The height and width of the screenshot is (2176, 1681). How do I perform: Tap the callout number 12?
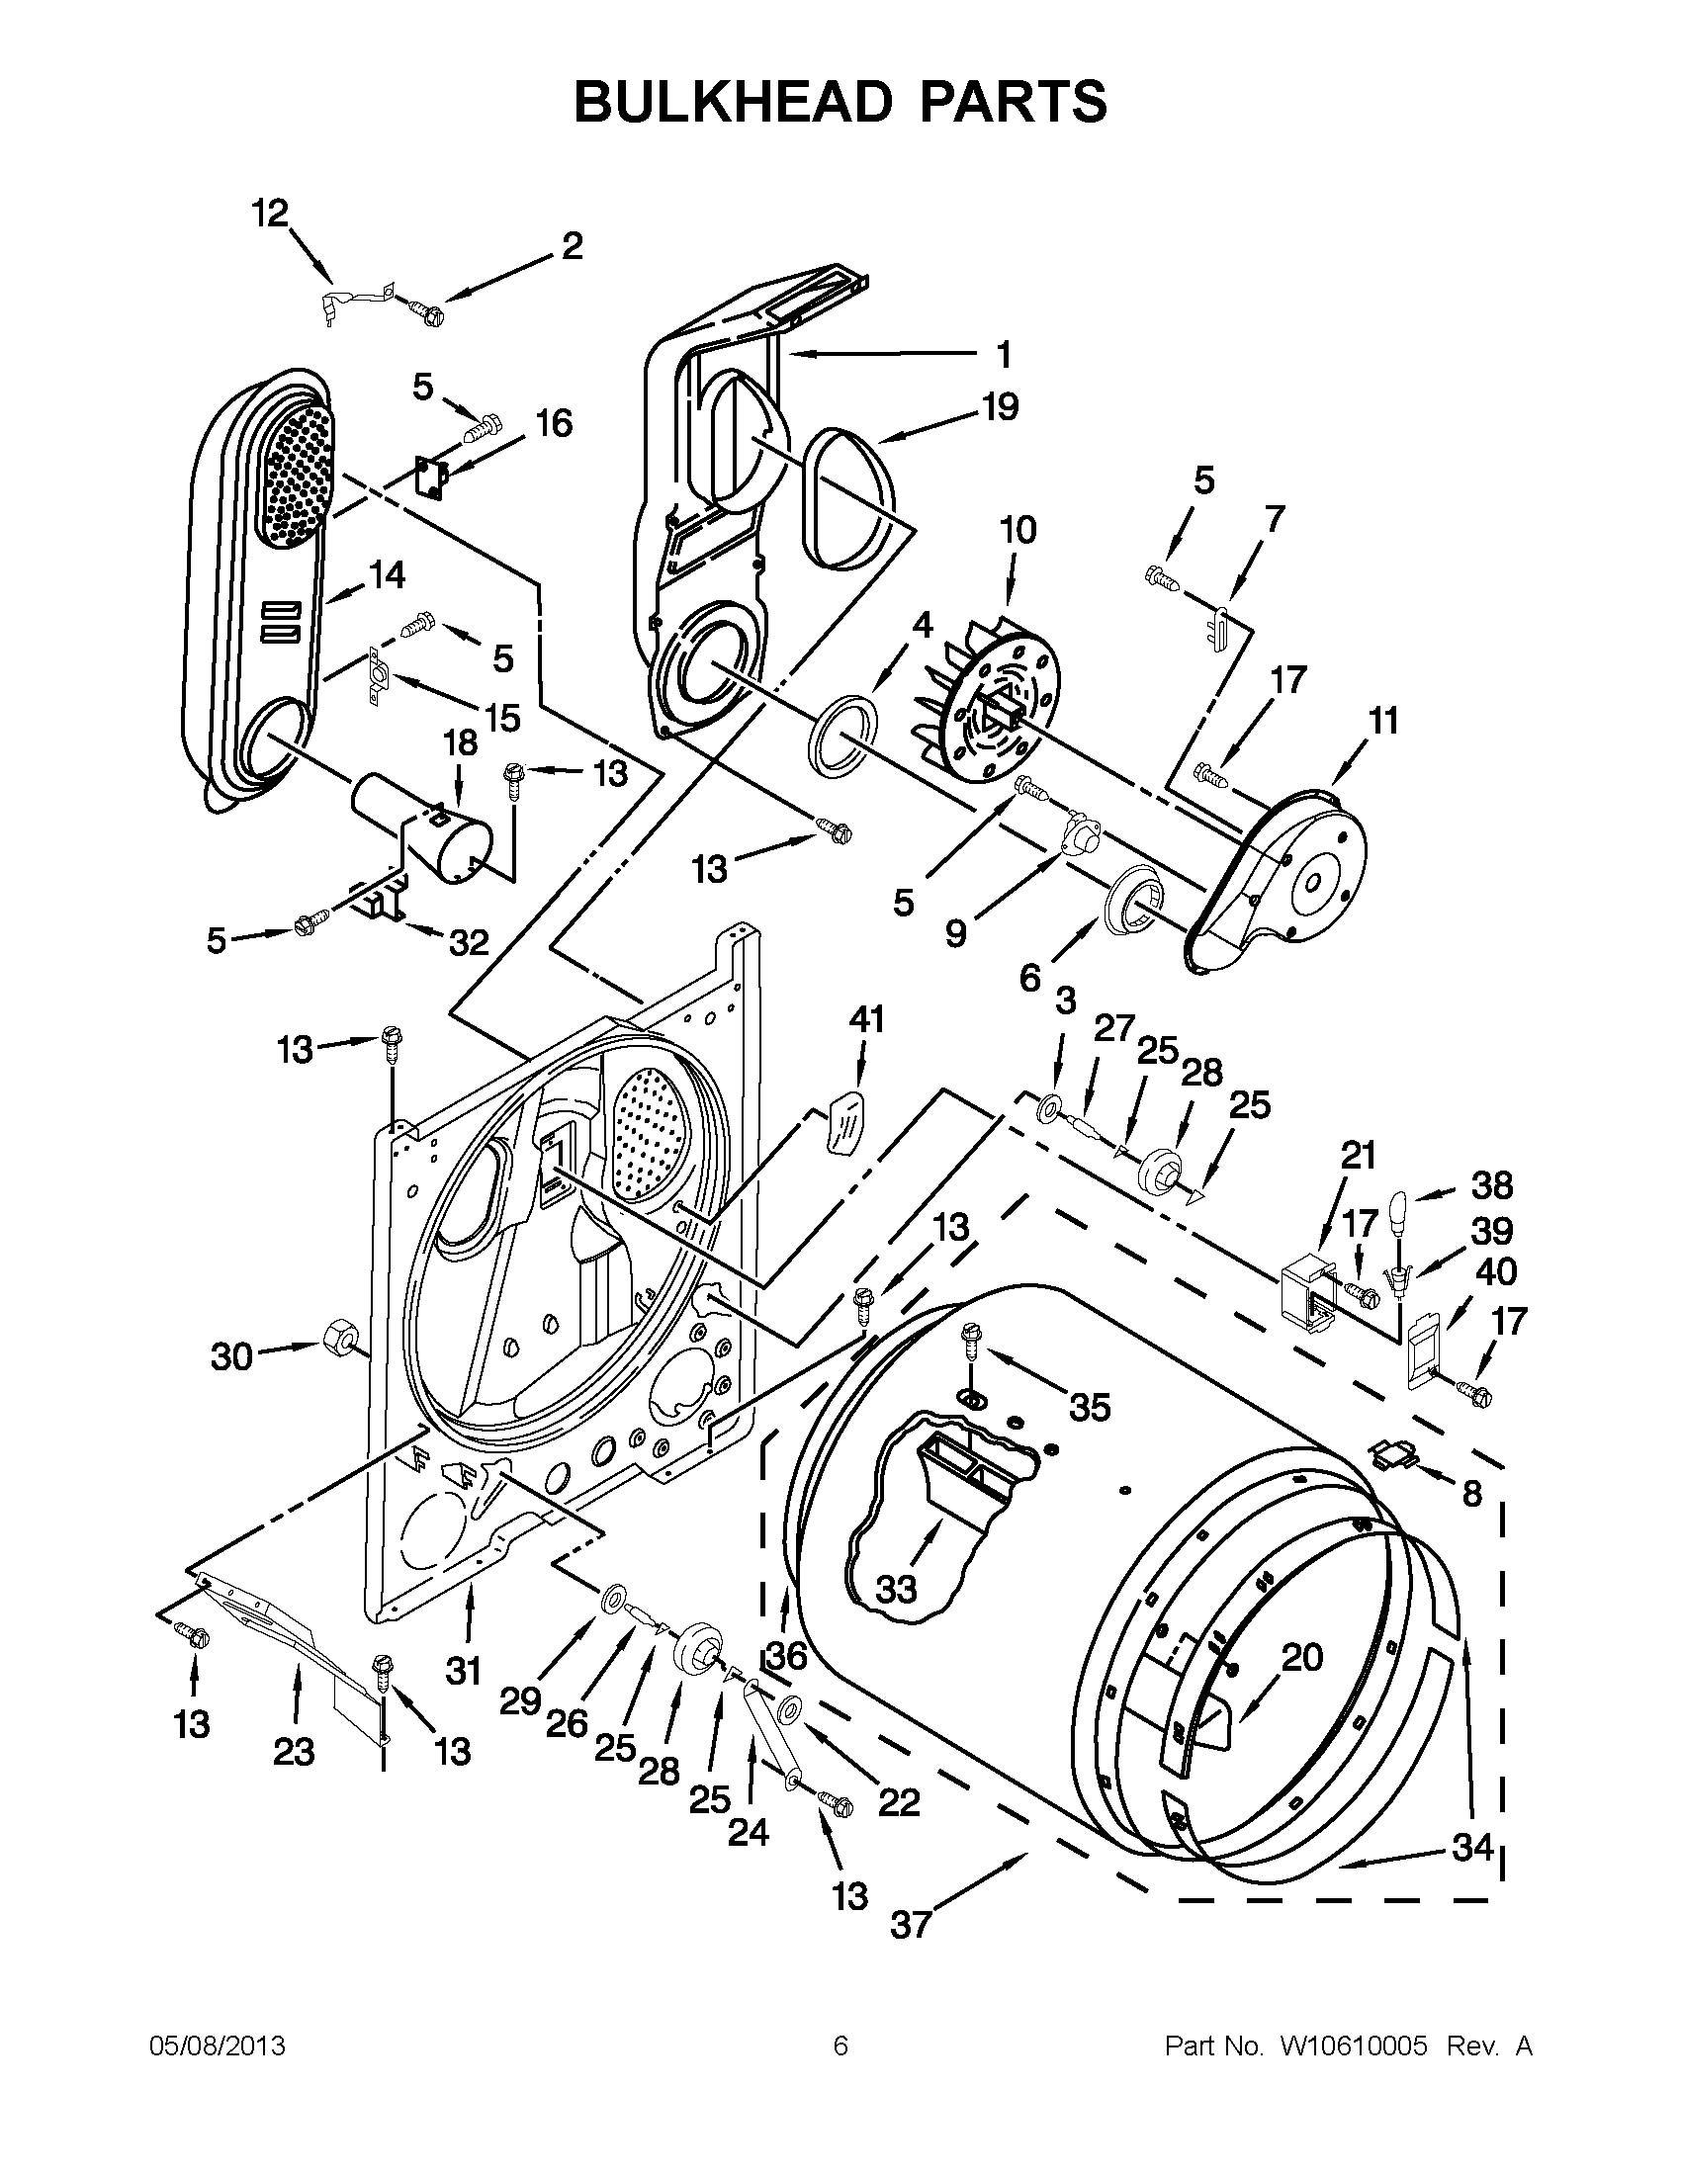(270, 213)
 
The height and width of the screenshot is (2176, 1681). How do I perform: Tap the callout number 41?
(866, 1019)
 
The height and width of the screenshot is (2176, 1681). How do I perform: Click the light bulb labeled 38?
(1399, 1208)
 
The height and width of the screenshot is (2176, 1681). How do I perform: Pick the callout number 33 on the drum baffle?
(896, 1588)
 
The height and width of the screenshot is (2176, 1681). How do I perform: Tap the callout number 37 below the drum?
(910, 1925)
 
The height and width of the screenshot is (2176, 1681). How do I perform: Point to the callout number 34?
(1471, 1847)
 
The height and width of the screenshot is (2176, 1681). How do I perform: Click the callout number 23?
(294, 1752)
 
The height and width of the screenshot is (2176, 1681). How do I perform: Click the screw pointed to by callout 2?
(428, 311)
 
